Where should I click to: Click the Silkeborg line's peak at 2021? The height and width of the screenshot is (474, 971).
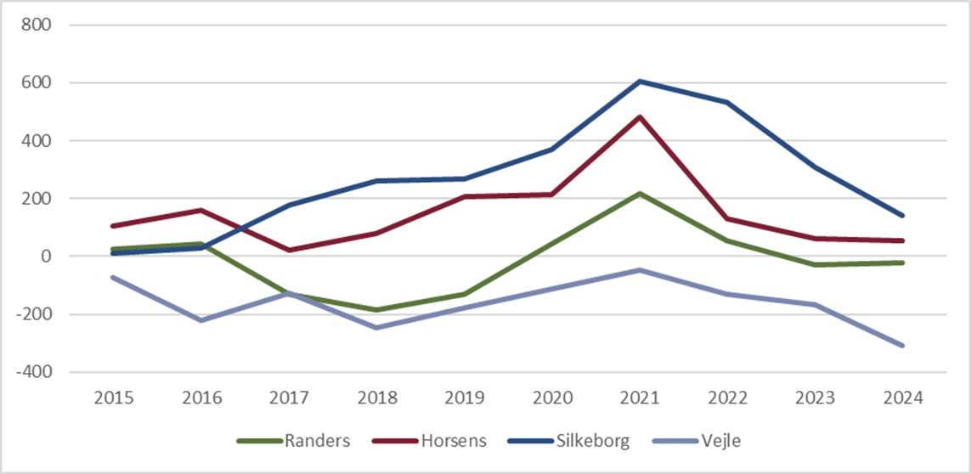point(640,82)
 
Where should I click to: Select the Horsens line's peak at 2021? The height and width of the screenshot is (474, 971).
point(640,116)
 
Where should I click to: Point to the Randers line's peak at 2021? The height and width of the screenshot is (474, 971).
point(640,194)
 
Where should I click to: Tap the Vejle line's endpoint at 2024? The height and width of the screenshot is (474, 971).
point(902,345)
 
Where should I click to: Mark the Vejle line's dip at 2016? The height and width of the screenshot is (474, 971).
point(201,320)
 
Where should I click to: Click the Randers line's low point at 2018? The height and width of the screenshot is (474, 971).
point(376,310)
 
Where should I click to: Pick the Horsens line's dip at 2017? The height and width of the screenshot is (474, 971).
point(289,250)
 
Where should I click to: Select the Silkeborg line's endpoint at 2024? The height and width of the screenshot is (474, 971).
point(902,216)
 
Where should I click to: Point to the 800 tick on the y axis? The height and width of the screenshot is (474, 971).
point(38,25)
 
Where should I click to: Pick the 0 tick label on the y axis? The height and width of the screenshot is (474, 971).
point(47,257)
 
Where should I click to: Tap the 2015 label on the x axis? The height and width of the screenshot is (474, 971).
point(114,398)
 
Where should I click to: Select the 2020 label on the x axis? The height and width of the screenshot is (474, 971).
point(551,398)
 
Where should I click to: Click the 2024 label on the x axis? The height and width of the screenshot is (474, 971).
point(902,398)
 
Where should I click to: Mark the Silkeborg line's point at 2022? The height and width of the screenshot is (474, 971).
point(727,103)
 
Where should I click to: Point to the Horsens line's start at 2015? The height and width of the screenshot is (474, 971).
point(114,226)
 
